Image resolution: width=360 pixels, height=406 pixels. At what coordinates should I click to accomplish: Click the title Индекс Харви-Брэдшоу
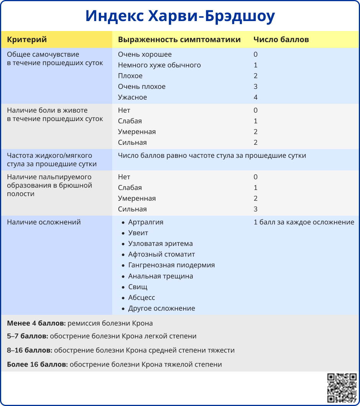(180, 16)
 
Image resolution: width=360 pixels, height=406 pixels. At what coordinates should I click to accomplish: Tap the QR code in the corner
(342, 388)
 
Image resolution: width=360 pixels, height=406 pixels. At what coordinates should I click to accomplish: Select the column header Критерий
(27, 39)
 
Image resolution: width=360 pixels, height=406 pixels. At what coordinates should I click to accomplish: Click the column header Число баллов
(281, 39)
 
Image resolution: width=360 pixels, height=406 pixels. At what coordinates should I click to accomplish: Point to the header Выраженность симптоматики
(179, 39)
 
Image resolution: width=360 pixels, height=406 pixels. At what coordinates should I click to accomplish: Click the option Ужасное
(133, 97)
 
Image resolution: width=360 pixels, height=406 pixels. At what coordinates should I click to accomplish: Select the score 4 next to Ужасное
(255, 97)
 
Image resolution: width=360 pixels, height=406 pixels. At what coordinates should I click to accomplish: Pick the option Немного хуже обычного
(159, 65)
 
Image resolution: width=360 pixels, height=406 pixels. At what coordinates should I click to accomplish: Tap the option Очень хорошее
(145, 54)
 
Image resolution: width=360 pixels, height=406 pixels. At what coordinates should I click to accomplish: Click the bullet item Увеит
(138, 233)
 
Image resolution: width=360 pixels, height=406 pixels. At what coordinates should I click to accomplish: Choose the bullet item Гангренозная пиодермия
(172, 265)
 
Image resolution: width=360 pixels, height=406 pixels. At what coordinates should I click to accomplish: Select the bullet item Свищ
(138, 287)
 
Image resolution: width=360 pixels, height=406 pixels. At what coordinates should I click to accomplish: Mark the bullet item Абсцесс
(142, 298)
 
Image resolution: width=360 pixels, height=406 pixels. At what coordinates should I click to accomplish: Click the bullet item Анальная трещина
(160, 276)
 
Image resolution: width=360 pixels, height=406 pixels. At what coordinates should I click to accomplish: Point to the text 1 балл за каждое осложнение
(304, 222)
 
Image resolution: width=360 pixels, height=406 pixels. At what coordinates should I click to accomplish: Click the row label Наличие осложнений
(44, 222)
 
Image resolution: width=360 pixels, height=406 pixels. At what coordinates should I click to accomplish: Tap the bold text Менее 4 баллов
(36, 323)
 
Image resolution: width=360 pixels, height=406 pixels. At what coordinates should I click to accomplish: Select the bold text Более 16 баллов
(38, 364)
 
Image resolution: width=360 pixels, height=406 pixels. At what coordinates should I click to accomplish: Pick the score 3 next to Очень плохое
(255, 87)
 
